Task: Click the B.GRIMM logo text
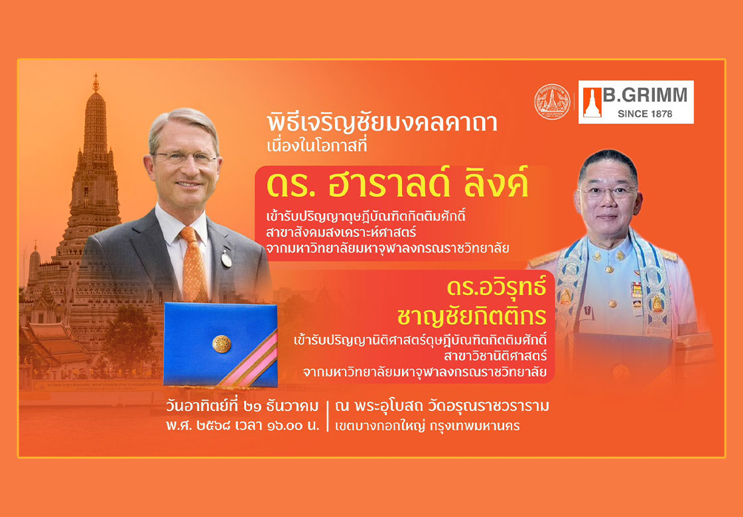645,95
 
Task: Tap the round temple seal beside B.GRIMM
552,102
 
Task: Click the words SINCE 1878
644,113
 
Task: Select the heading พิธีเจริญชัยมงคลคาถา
382,123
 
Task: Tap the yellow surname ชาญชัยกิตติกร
472,316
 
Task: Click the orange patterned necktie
194,264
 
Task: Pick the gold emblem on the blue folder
222,344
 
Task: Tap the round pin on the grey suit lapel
226,259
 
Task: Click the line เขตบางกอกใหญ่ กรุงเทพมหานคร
427,426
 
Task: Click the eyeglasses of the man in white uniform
608,192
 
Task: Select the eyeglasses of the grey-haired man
185,157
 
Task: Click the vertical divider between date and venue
329,416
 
